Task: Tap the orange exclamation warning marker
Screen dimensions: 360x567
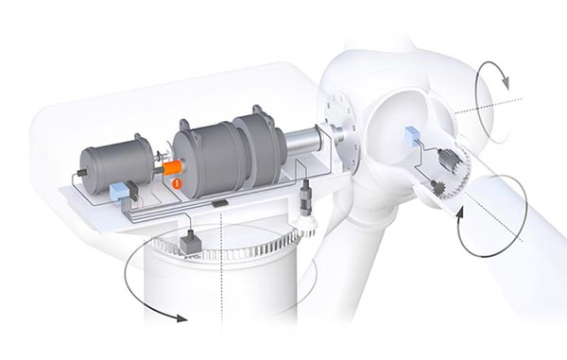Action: coord(176,181)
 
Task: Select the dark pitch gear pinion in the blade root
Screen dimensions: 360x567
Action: coord(438,187)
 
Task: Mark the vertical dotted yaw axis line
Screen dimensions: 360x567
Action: coord(218,283)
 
